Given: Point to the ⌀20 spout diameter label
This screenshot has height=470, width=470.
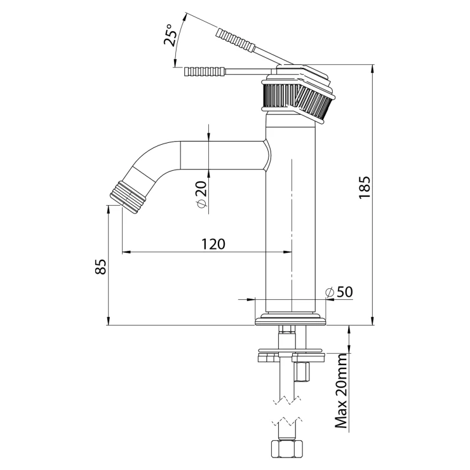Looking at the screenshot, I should pos(201,193).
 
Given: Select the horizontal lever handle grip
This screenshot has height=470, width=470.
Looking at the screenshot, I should pos(205,71).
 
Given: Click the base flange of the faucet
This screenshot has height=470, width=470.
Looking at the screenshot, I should pos(292,319).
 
